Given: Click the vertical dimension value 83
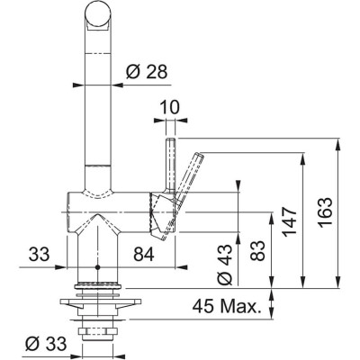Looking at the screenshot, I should click(x=260, y=249).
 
